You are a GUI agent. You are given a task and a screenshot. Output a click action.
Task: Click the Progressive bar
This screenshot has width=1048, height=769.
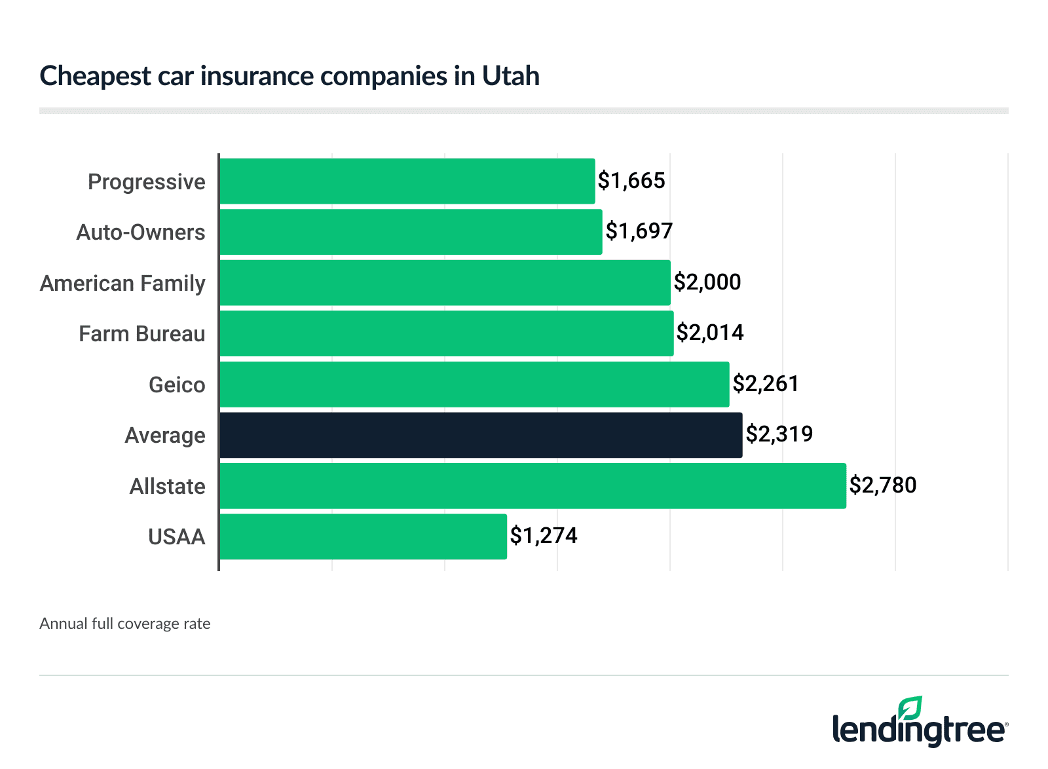pos(407,181)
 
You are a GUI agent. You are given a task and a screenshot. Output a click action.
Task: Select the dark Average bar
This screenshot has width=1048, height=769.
pos(481,435)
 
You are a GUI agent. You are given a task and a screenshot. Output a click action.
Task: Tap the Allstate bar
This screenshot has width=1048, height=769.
pos(533,485)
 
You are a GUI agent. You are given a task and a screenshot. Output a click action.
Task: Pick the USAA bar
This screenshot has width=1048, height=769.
pos(363,536)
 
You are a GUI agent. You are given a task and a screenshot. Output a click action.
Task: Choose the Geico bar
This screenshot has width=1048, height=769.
pos(474,384)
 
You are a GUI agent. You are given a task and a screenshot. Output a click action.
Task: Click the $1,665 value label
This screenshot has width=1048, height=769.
pos(631,181)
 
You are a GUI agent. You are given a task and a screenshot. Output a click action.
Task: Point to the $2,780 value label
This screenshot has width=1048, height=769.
pos(883,485)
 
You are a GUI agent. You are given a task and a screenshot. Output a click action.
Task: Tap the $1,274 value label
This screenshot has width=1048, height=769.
pos(544,536)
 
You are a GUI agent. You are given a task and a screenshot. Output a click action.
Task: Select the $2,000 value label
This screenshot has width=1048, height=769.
pos(707,282)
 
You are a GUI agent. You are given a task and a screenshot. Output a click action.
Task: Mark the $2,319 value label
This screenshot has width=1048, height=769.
pos(779,434)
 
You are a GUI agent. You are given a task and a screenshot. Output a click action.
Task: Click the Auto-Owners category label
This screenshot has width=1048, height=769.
pos(141,233)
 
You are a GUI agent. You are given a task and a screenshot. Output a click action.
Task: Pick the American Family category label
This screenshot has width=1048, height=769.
pos(122,284)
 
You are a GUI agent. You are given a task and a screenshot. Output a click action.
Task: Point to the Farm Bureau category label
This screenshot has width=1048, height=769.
pos(142,334)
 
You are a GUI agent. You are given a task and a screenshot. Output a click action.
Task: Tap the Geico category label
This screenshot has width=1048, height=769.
pos(177,385)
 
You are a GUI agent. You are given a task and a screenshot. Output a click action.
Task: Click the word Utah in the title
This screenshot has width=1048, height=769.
pos(511,76)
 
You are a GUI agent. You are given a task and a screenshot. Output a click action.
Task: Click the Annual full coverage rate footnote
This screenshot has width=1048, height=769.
pos(125,624)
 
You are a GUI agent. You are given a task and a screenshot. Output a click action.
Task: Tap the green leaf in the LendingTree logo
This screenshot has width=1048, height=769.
pos(910,709)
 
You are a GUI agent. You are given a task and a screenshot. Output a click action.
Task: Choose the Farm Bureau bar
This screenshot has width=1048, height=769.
pos(447,333)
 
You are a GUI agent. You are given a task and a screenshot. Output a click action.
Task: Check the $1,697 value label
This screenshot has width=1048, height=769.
pos(639,231)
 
